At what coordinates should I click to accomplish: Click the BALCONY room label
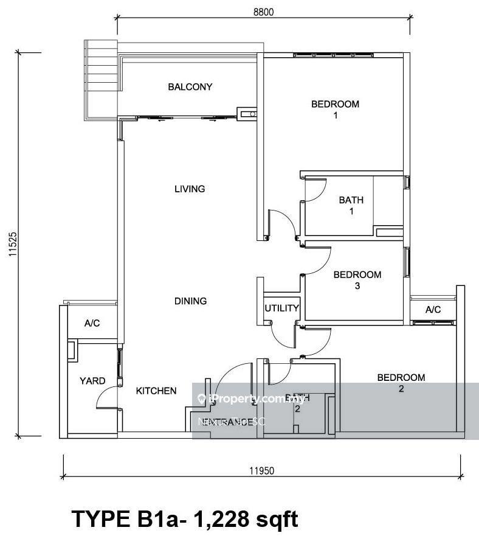(190, 87)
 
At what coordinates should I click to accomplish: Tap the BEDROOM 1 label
(335, 110)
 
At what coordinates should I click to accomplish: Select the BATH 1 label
(351, 205)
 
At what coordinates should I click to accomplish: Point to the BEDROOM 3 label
(357, 280)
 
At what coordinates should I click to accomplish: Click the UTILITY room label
(281, 308)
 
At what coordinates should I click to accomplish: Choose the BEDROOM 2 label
(401, 383)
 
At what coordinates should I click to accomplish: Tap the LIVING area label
(190, 189)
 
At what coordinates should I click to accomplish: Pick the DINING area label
(190, 301)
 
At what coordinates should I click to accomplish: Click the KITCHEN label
(156, 391)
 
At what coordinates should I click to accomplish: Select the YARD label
(92, 381)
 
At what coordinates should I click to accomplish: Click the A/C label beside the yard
(92, 324)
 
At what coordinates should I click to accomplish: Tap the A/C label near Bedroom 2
(433, 310)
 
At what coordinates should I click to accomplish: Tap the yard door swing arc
(104, 399)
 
